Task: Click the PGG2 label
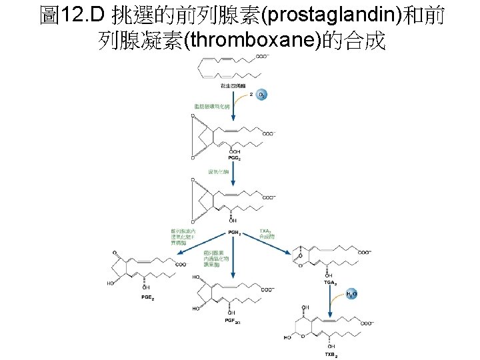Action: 235,158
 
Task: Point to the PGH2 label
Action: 235,233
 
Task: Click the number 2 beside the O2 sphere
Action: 251,95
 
